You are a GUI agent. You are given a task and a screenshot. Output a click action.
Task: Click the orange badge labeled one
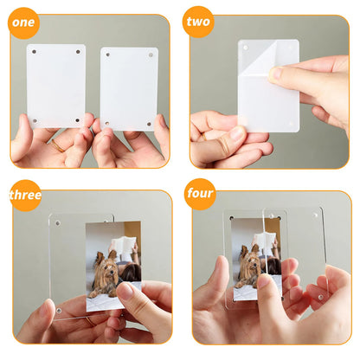tap(23, 22)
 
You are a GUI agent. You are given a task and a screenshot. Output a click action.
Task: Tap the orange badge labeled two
tap(199, 21)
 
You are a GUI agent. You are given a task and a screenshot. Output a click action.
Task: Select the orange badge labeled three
tap(25, 195)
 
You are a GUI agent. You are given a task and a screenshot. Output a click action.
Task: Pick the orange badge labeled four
tap(201, 193)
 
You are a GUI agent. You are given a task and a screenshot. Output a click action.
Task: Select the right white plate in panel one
tap(129, 88)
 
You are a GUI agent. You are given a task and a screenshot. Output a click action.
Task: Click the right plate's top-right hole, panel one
tap(151, 55)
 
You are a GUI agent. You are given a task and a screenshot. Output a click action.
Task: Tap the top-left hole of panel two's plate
tap(245, 47)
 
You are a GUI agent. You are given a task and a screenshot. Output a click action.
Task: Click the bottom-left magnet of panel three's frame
tap(58, 308)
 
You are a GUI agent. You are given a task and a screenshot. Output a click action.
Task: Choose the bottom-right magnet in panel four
tap(318, 297)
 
